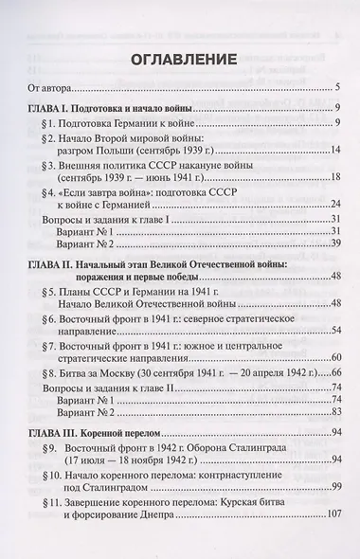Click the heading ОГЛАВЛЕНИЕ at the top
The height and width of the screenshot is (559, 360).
point(180,58)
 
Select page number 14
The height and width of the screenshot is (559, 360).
point(334,173)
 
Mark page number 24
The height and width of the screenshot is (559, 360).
point(334,259)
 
